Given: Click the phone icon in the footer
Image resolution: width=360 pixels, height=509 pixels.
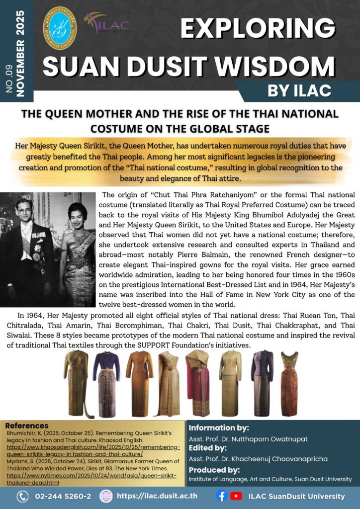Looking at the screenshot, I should [22, 496].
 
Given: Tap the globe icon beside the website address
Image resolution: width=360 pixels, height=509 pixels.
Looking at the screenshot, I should [106, 496].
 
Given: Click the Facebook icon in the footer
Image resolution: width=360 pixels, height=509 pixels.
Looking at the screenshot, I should [222, 496].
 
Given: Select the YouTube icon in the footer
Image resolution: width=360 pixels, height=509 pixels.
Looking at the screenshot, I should [237, 496].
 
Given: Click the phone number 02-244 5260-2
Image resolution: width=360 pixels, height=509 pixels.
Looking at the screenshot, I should [63, 496].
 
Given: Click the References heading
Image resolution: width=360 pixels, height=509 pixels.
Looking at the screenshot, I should [27, 426].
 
